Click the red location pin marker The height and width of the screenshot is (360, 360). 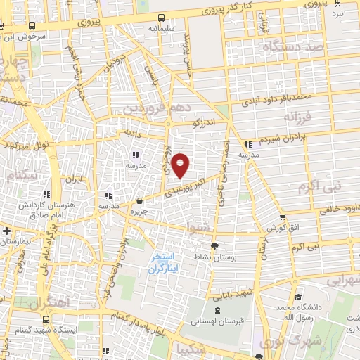click(x=181, y=165)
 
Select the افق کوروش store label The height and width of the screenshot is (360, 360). click(x=278, y=229)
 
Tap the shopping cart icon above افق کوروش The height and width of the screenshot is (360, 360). click(x=283, y=217)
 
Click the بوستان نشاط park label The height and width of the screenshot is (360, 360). click(x=214, y=258)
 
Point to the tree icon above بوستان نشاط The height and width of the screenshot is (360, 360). click(x=214, y=246)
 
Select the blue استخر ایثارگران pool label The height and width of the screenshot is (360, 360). click(x=166, y=262)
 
